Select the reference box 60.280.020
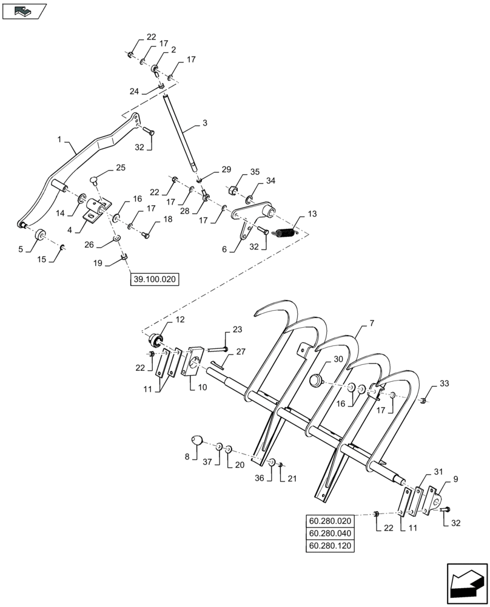coord(330,521)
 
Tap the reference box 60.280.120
coord(330,545)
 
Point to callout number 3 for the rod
coord(205,123)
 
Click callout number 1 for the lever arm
coord(60,140)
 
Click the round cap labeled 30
coord(315,381)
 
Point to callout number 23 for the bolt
coord(237,330)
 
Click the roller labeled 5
coord(41,234)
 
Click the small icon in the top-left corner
coord(24,10)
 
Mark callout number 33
coord(445,384)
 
